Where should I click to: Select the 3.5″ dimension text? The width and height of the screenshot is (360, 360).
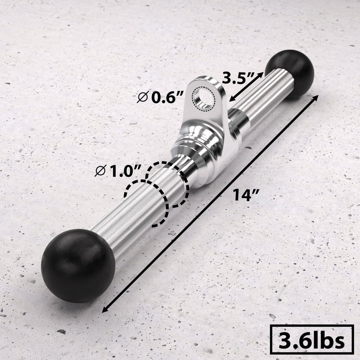239,78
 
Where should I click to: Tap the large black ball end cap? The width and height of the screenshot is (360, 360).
71,265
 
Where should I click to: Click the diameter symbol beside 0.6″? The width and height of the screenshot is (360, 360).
143,97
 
